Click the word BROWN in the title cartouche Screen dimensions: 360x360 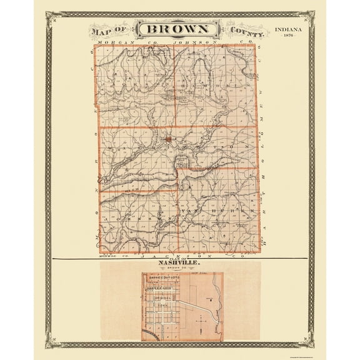click(179, 29)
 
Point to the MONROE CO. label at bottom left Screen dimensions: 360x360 click(109, 256)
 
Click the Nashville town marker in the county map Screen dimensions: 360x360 click(167, 139)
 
